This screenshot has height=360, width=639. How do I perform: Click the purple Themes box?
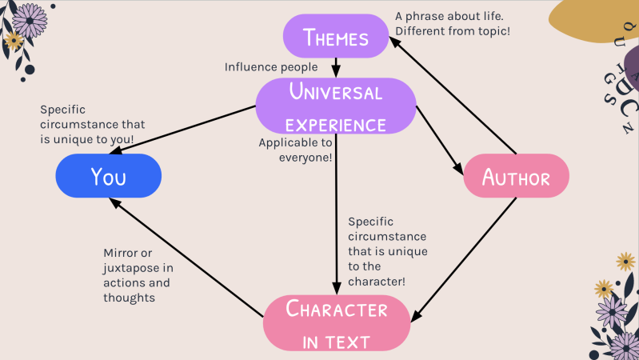click(x=336, y=37)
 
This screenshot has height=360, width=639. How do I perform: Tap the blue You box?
click(x=108, y=176)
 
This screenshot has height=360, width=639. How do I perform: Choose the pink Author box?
click(x=516, y=176)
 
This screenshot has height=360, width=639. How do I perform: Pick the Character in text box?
click(x=337, y=322)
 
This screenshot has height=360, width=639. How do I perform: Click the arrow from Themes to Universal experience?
click(x=336, y=66)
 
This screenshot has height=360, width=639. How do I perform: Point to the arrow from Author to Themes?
click(x=456, y=96)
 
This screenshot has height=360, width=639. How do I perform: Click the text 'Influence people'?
click(x=271, y=67)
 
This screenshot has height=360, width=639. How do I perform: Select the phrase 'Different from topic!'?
click(x=453, y=31)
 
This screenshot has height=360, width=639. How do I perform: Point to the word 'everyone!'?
click(x=306, y=158)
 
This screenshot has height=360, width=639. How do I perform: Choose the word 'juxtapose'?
click(x=130, y=269)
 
